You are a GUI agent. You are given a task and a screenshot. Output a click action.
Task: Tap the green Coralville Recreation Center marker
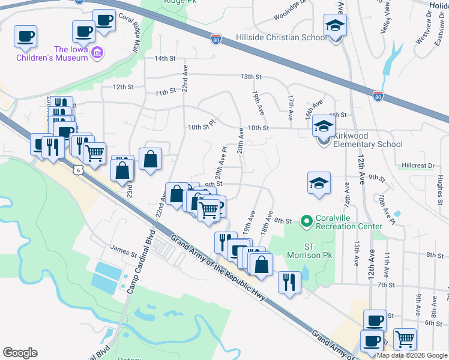307,222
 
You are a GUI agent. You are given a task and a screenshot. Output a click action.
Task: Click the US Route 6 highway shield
77,170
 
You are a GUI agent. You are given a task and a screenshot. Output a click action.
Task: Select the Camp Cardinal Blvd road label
140,260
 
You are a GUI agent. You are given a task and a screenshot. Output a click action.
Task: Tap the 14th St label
164,59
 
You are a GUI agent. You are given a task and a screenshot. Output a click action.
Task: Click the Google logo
20,353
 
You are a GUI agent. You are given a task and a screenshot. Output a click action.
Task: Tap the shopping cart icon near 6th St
405,339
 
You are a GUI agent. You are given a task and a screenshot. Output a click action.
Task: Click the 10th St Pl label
200,127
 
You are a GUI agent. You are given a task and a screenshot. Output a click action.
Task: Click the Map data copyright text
412,355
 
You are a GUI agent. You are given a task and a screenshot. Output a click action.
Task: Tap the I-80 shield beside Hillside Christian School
216,40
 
